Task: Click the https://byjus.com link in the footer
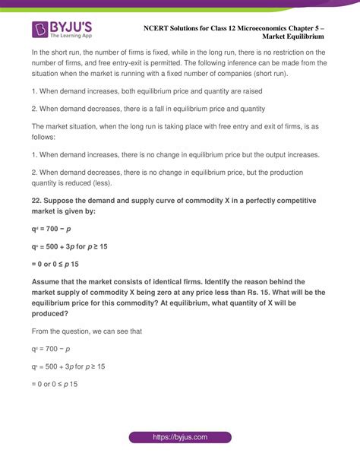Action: pyautogui.click(x=179, y=438)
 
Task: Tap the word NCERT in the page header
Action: pyautogui.click(x=158, y=27)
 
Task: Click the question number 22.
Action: pyautogui.click(x=37, y=200)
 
